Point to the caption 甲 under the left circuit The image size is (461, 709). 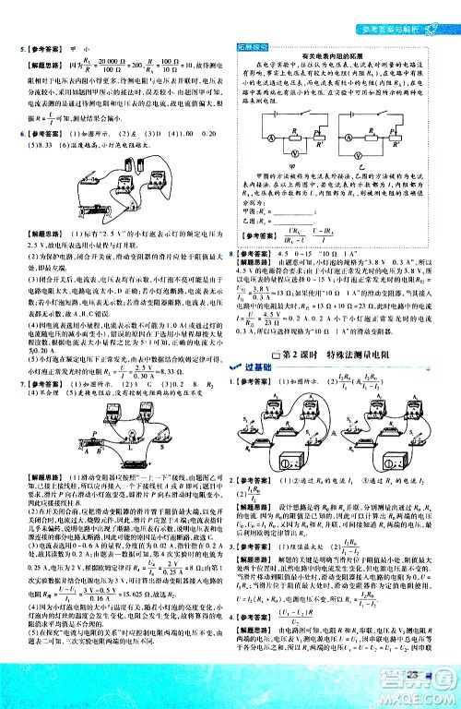pos(293,165)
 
